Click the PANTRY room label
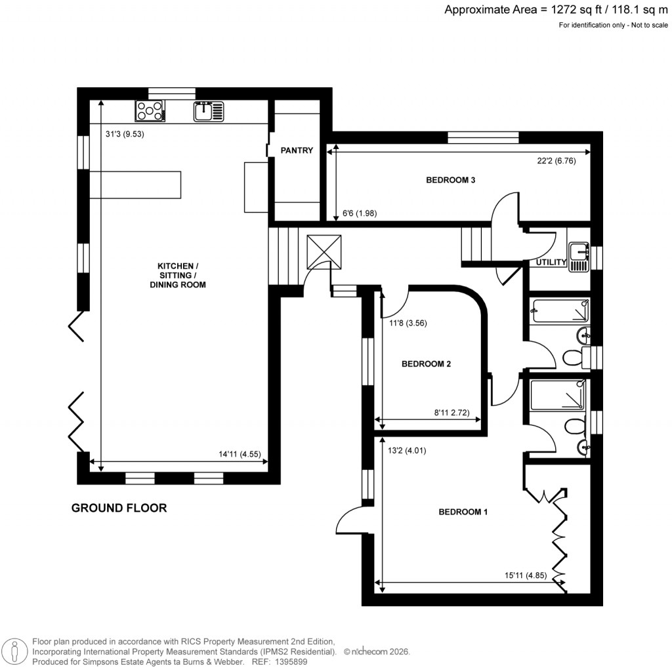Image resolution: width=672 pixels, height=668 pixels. click(x=297, y=150)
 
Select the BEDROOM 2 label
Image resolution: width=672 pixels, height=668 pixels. click(x=426, y=364)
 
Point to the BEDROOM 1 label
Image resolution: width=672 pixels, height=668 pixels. click(x=463, y=512)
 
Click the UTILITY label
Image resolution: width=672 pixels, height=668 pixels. click(x=551, y=262)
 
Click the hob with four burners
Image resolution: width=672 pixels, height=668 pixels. click(x=150, y=111)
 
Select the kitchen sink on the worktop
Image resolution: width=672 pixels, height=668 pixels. click(x=209, y=111)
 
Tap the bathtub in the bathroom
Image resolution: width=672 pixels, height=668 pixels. click(x=559, y=309)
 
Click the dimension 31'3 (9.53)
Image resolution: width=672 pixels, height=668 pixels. click(x=125, y=134)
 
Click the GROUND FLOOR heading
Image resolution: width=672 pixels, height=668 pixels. click(x=119, y=507)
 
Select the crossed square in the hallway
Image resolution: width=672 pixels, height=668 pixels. click(x=324, y=252)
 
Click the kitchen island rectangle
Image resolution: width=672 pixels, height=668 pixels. click(x=135, y=184)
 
